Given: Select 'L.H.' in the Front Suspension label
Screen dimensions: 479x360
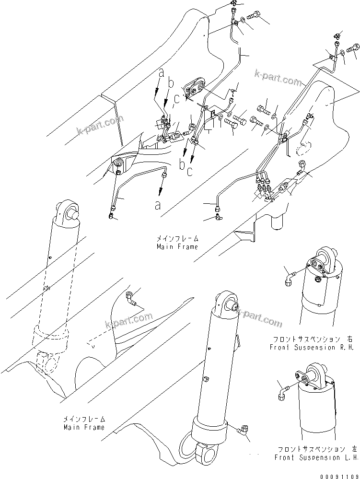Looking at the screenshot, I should coord(346,457).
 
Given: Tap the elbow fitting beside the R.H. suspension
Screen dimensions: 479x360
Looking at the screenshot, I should coord(290,277).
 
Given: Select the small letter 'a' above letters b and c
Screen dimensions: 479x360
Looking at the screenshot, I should coord(162,73).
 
